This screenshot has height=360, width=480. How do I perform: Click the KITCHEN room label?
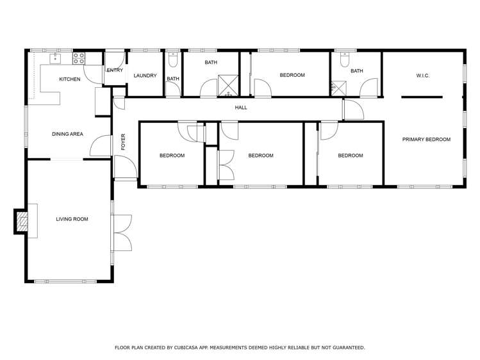pyautogui.click(x=70, y=79)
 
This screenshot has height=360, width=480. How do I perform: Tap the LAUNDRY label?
pyautogui.click(x=145, y=76)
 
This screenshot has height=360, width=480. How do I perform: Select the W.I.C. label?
pyautogui.click(x=422, y=76)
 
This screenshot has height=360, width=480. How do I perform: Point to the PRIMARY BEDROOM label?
pyautogui.click(x=426, y=140)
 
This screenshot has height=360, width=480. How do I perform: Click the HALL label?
pyautogui.click(x=240, y=108)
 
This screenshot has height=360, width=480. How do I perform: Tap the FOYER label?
pyautogui.click(x=124, y=142)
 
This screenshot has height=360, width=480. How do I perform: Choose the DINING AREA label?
pyautogui.click(x=68, y=134)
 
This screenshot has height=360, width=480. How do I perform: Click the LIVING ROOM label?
pyautogui.click(x=72, y=219)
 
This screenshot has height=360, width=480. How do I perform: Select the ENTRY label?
pyautogui.click(x=115, y=70)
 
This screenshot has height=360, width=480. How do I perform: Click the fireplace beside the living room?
pyautogui.click(x=22, y=222)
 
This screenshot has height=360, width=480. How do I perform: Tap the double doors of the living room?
pyautogui.click(x=122, y=233)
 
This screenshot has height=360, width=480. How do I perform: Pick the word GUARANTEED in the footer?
pyautogui.click(x=345, y=347)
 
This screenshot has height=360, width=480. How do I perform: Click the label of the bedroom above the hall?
pyautogui.click(x=292, y=76)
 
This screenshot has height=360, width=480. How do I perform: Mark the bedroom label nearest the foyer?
pyautogui.click(x=172, y=156)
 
